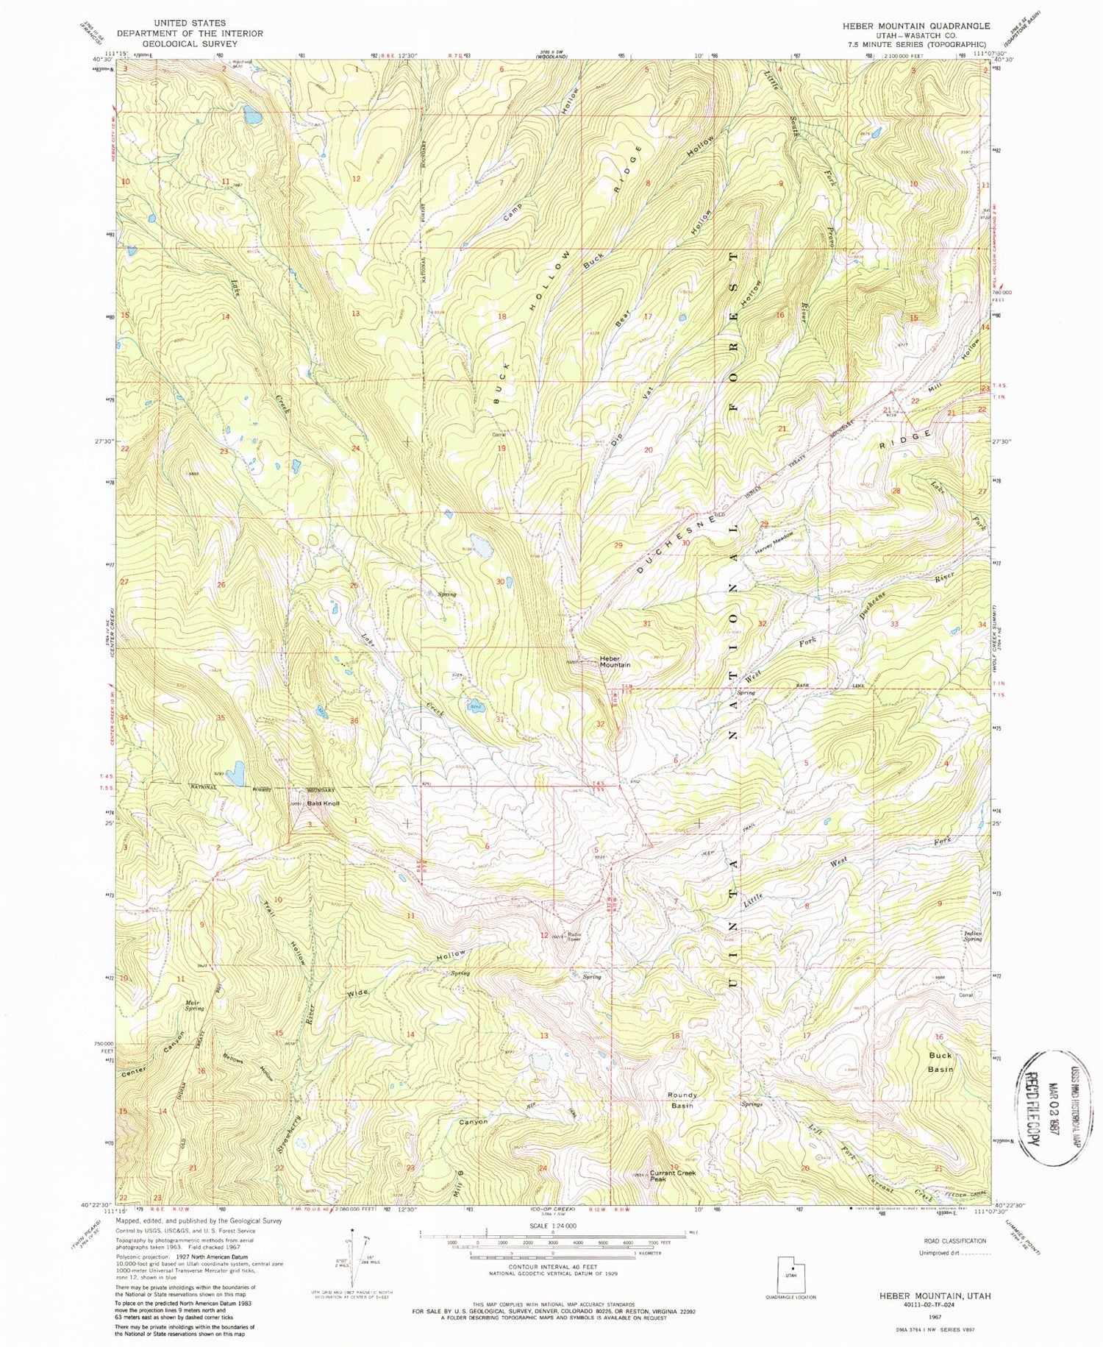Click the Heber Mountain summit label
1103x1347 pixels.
615,661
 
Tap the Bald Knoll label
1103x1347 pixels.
323,803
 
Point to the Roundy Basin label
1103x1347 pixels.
682,1100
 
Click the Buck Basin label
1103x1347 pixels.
940,1062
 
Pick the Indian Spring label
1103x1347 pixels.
973,936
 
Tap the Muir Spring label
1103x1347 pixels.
195,1005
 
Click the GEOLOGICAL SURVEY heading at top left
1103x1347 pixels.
189,43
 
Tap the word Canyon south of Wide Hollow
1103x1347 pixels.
473,1121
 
